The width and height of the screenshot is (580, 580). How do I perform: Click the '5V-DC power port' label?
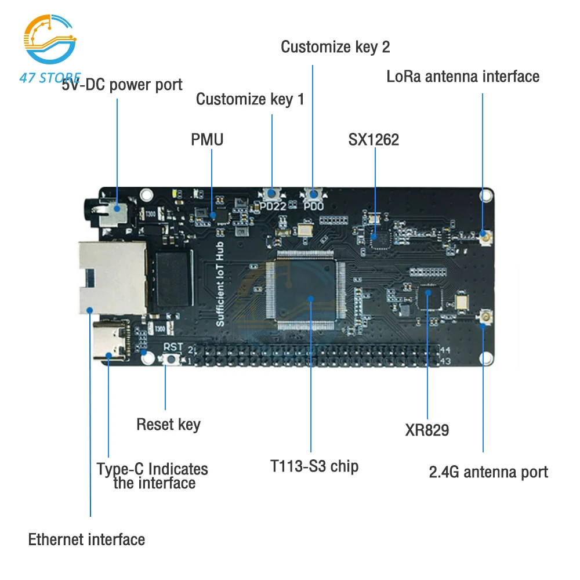[x=122, y=85]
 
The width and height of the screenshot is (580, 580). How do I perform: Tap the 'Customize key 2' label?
[x=335, y=47]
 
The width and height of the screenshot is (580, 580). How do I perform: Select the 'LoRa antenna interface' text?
[x=463, y=77]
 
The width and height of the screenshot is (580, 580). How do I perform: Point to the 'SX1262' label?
[x=374, y=139]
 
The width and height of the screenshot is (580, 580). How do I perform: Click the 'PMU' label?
[x=207, y=139]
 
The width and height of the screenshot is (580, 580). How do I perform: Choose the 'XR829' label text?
[x=427, y=430]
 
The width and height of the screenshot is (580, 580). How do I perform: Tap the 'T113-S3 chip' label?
[x=314, y=466]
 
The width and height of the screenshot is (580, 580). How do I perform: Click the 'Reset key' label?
[x=168, y=425]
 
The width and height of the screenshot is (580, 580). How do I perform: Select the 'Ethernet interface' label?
[x=86, y=539]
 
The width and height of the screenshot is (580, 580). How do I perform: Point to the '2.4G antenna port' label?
[x=488, y=472]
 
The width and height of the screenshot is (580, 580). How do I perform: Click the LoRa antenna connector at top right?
[x=483, y=234]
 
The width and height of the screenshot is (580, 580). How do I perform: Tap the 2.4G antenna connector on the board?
[x=483, y=317]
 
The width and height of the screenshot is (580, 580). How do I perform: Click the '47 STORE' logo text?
[x=50, y=78]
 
